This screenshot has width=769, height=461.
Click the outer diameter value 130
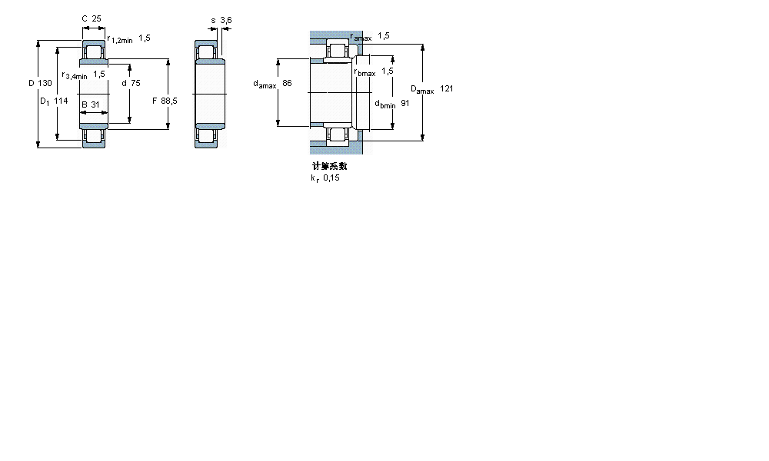coord(45,83)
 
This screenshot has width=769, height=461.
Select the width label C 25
coord(91,18)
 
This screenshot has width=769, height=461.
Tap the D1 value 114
coord(61,101)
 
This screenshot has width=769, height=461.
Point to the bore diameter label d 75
coord(129,83)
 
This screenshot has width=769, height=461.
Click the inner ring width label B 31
coord(90,104)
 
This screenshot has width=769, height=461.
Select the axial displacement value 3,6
coord(226,19)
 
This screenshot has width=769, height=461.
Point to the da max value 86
coord(287,83)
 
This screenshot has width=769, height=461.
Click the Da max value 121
coord(446,89)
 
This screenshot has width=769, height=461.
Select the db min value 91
coord(404,103)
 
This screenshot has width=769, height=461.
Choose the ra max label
coord(361,37)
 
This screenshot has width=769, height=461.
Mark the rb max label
coord(365,72)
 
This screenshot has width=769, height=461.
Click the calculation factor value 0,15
coord(331,177)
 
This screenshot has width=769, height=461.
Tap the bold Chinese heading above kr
coord(329,166)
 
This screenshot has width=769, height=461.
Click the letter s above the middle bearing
coord(212,19)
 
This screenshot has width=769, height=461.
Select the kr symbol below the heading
coord(315,178)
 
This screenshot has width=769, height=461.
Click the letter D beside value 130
coord(32,83)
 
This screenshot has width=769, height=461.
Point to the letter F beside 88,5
coord(154,101)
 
